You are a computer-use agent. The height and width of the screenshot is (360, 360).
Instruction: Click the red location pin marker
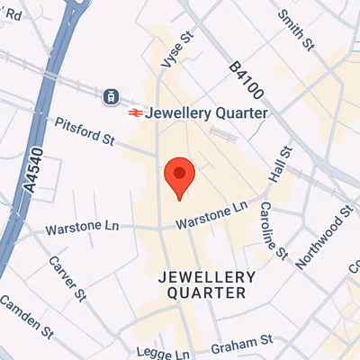point(179,177)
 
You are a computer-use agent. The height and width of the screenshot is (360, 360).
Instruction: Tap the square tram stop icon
point(112,95)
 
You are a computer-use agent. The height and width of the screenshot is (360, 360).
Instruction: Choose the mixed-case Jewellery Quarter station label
point(206,113)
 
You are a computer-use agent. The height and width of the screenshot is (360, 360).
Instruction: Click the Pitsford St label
point(85,131)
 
